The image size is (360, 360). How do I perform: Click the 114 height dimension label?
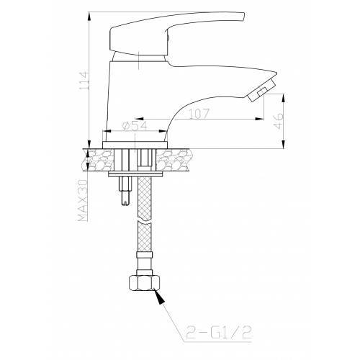pos(84,81)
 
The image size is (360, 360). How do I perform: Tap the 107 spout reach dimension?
pos(199,114)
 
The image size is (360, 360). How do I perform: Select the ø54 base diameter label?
pos(135,126)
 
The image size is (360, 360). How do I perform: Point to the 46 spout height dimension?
pos(279,121)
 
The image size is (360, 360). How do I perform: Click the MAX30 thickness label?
pos(83,200)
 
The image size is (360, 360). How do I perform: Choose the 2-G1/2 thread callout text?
pos(219,333)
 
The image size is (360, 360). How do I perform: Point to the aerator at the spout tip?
pos(261,91)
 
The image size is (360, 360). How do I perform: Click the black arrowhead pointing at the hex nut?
pos(159,297)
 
